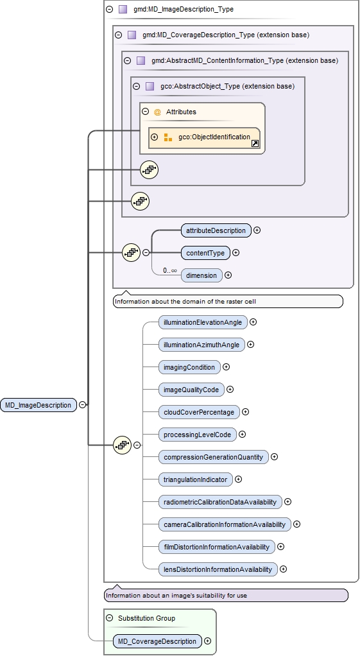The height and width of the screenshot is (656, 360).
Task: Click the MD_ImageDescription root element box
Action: coord(38,405)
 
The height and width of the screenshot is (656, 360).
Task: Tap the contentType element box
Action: coord(205,253)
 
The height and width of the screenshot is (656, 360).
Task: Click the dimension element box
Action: coord(201,275)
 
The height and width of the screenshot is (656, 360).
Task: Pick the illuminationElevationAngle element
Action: coord(202,322)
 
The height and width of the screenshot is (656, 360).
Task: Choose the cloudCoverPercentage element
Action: coord(198,412)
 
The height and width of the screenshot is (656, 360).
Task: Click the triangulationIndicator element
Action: coord(195,479)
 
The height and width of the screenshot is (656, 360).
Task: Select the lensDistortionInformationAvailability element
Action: coord(218,569)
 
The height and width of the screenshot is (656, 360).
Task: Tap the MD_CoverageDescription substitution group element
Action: coord(157,641)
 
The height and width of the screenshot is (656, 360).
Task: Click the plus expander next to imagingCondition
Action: coord(226,367)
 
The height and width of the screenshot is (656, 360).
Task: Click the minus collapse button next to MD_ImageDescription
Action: coord(83,405)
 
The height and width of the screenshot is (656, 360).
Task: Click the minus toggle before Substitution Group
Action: coord(110,618)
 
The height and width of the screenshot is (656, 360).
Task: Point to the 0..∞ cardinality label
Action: coord(169,271)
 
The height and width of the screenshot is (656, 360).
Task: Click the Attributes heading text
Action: coord(181,112)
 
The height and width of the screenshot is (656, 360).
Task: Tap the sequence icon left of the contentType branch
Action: coord(131,253)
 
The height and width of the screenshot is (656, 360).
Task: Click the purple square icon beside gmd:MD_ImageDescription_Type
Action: coord(123,10)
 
